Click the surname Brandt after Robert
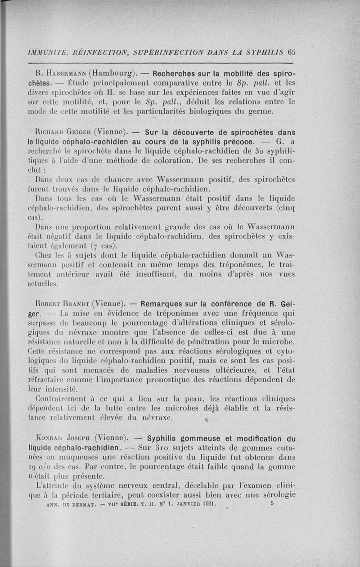pyautogui.click(x=78, y=304)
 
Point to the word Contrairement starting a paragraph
pyautogui.click(x=64, y=398)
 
